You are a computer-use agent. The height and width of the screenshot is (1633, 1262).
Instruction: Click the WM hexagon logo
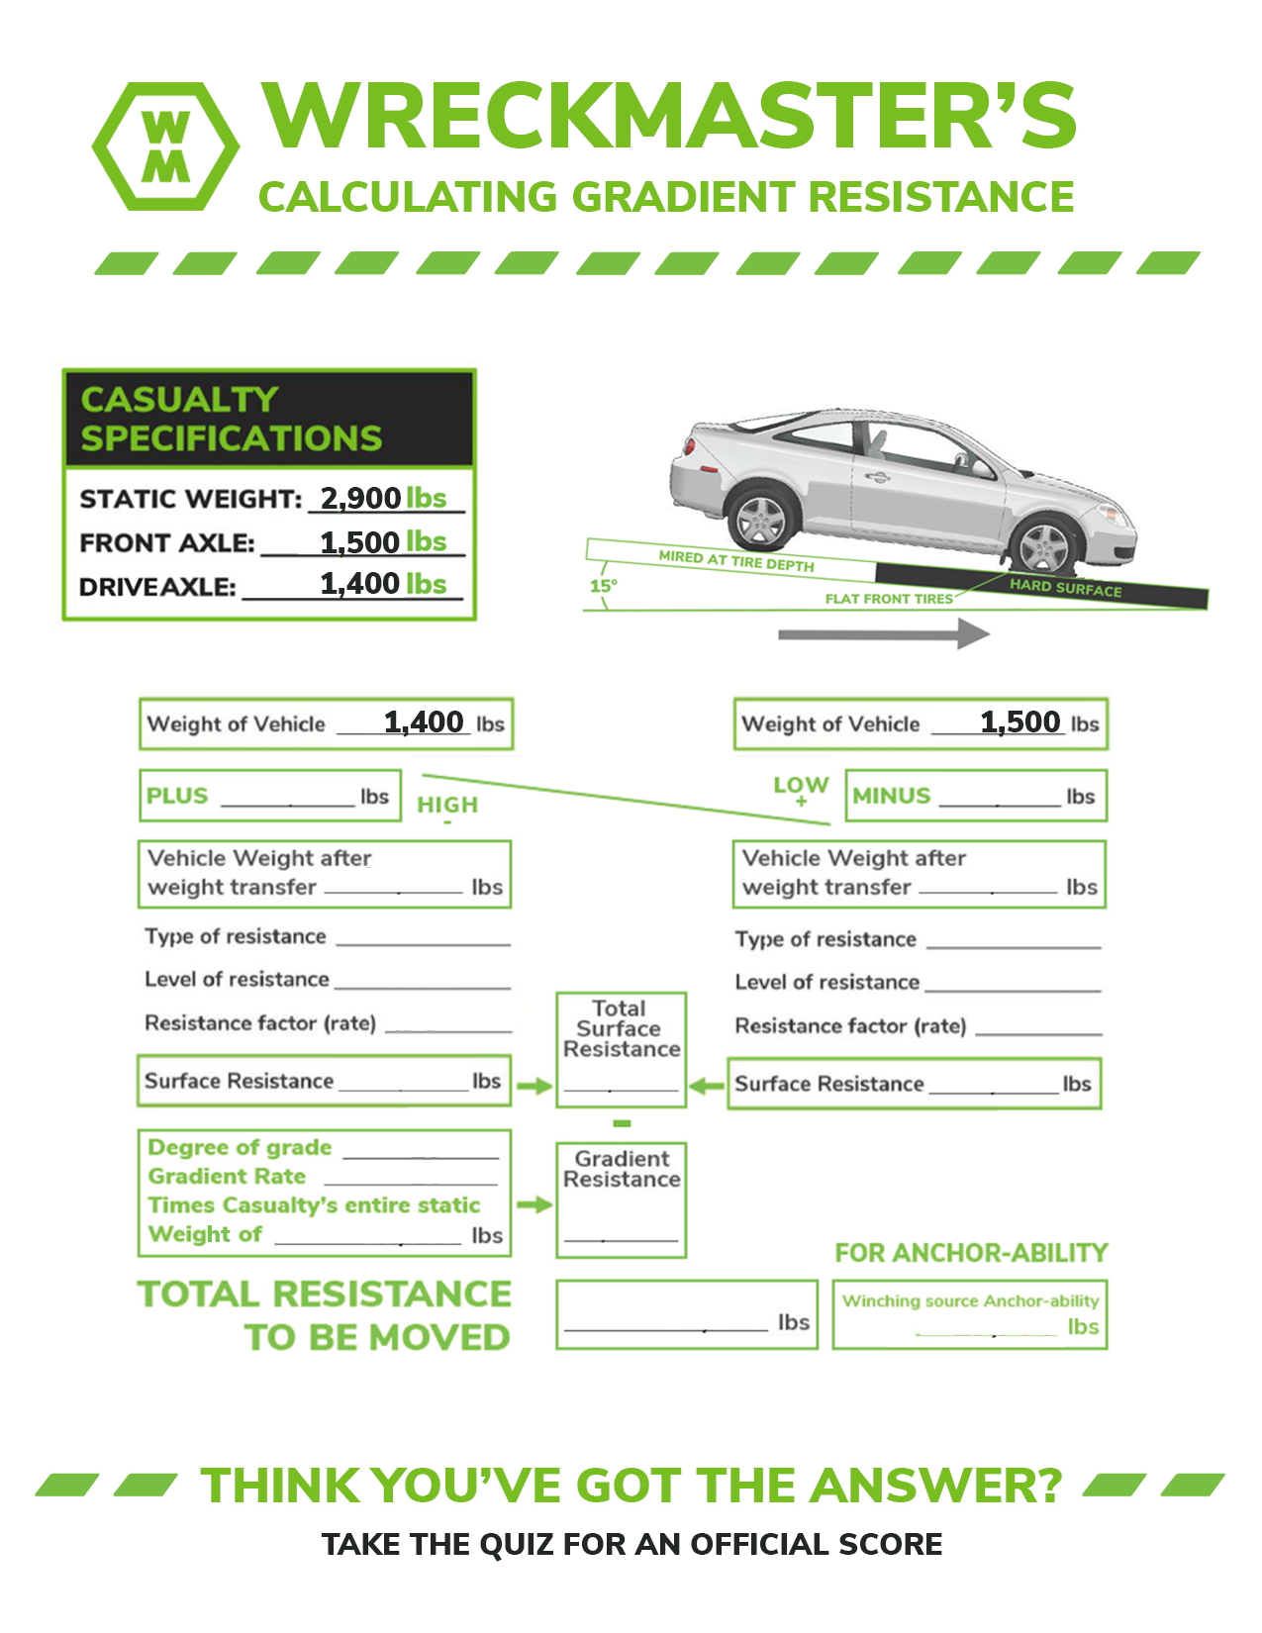click(x=165, y=146)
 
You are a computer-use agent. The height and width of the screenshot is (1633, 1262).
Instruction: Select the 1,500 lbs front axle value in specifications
click(x=383, y=542)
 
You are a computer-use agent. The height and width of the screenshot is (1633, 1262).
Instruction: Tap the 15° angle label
click(x=603, y=585)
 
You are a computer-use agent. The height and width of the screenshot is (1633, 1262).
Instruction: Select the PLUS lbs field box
click(x=269, y=796)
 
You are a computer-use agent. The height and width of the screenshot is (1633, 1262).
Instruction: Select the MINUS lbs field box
click(x=975, y=796)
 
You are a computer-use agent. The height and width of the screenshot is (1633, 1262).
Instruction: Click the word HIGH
click(x=447, y=805)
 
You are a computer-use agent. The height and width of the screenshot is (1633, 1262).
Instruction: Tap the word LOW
click(x=801, y=786)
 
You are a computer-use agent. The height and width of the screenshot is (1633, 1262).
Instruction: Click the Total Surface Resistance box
click(x=621, y=1049)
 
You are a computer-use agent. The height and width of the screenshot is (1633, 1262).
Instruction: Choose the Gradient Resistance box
click(x=621, y=1200)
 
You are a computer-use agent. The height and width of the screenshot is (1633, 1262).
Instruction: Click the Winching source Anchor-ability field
click(x=970, y=1315)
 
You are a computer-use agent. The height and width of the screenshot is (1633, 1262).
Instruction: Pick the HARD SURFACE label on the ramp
click(x=1065, y=587)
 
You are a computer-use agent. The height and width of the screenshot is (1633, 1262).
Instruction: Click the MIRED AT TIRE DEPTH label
click(x=736, y=561)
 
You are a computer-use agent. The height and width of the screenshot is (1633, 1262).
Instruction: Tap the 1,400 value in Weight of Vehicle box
click(x=424, y=722)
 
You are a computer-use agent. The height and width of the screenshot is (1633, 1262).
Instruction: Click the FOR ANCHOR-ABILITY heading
click(x=971, y=1253)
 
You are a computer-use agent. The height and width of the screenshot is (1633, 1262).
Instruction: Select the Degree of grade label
click(x=240, y=1147)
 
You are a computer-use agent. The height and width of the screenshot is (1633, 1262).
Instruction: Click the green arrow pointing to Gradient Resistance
click(x=534, y=1204)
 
